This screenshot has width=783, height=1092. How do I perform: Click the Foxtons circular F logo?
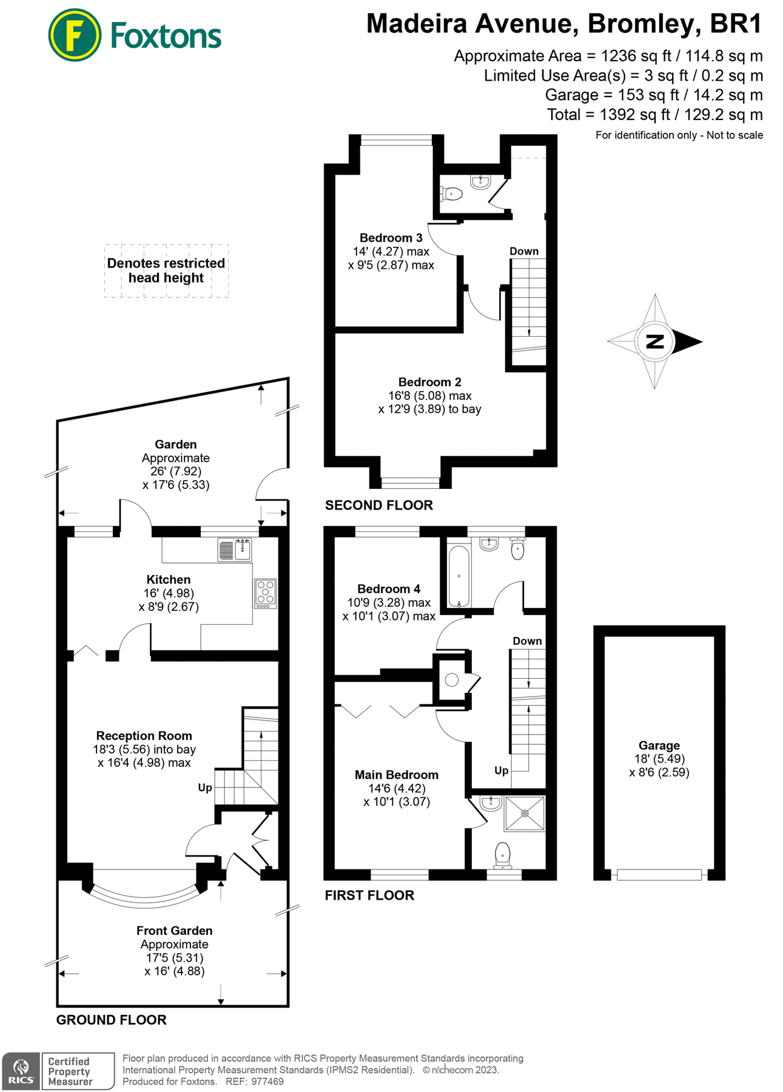(x=75, y=35)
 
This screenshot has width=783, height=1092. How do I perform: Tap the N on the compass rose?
(x=655, y=342)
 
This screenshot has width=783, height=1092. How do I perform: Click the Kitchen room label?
(x=168, y=579)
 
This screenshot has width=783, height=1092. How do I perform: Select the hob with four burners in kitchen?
(x=265, y=593)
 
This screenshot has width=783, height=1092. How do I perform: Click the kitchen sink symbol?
(x=235, y=550)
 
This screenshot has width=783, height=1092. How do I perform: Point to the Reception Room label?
(x=144, y=735)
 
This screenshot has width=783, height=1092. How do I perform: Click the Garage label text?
(x=659, y=745)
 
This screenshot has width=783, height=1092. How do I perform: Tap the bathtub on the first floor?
(x=459, y=576)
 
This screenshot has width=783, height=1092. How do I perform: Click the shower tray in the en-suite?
(x=525, y=813)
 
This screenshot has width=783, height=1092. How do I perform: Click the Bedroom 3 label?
(x=391, y=238)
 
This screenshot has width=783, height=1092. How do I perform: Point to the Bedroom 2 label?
(x=429, y=382)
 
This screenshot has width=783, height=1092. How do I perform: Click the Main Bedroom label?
(x=396, y=775)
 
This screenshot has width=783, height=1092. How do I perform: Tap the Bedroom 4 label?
(x=388, y=588)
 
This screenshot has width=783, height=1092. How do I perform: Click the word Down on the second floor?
(x=523, y=251)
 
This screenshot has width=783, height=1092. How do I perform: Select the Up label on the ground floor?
(x=205, y=787)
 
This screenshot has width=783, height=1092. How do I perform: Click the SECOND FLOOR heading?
(x=378, y=505)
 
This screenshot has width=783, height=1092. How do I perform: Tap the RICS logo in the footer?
(x=21, y=1071)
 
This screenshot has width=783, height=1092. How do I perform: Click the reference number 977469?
(x=267, y=1081)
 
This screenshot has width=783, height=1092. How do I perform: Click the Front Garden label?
(x=174, y=930)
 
